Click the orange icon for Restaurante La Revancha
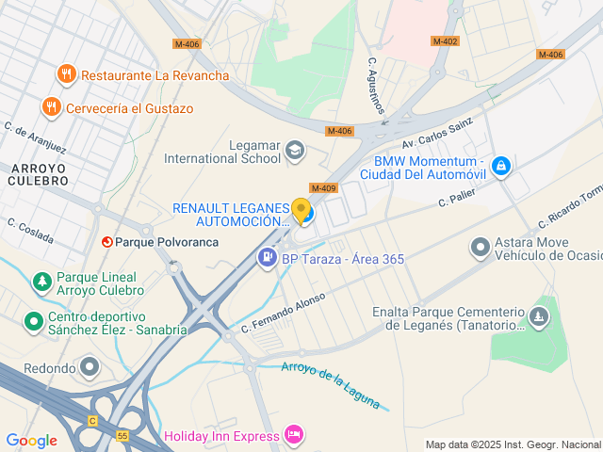[65, 74]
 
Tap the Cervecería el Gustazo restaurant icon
[52, 107]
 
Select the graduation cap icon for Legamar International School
[296, 150]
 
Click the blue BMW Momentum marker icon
[501, 167]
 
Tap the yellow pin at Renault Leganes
[301, 211]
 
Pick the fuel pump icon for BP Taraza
[269, 256]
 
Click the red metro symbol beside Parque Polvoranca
[106, 242]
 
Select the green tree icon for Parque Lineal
[41, 282]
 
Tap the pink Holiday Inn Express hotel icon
[293, 435]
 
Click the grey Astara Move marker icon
[481, 247]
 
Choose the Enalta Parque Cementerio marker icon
[539, 316]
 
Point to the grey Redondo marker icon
[90, 365]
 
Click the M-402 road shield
[445, 41]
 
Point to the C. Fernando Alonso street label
[283, 312]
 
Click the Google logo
[32, 440]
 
